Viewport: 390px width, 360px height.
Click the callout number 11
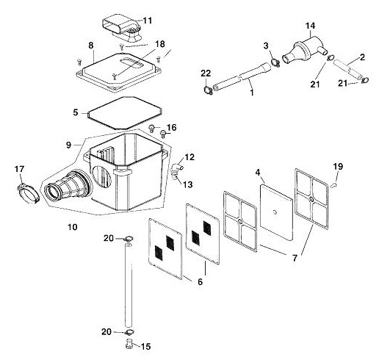[148, 20]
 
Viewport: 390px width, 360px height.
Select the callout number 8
[90, 46]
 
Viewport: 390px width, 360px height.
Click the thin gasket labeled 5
[123, 109]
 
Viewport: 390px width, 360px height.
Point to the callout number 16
[171, 127]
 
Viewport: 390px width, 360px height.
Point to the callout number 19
[338, 166]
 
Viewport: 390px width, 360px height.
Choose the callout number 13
[187, 184]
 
